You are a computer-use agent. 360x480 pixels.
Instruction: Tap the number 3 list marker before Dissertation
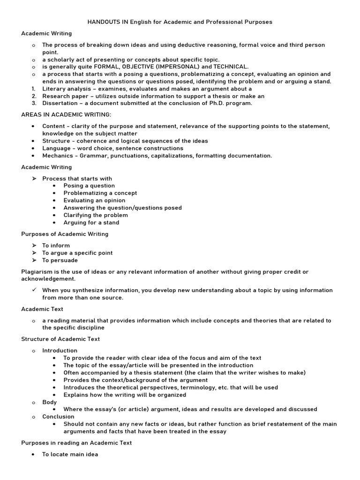click(34, 103)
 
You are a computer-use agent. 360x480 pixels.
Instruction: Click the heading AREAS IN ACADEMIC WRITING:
click(66, 115)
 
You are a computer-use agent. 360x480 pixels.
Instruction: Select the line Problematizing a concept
click(100, 193)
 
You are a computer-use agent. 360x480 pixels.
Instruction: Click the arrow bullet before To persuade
click(34, 260)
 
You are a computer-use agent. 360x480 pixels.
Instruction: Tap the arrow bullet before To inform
click(34, 246)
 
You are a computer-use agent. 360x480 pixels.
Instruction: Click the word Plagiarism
click(37, 272)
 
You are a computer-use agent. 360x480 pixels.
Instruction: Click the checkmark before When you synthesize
click(34, 290)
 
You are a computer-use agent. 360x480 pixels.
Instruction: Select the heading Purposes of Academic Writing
click(65, 234)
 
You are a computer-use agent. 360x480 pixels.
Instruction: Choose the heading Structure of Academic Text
click(60, 339)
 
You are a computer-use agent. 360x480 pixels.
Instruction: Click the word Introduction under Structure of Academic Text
click(60, 351)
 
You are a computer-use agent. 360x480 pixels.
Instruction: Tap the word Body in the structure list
click(49, 402)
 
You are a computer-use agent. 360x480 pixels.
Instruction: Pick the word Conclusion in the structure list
click(58, 417)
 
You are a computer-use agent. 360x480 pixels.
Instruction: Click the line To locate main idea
click(70, 454)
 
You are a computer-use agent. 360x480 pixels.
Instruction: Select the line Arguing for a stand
click(91, 223)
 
